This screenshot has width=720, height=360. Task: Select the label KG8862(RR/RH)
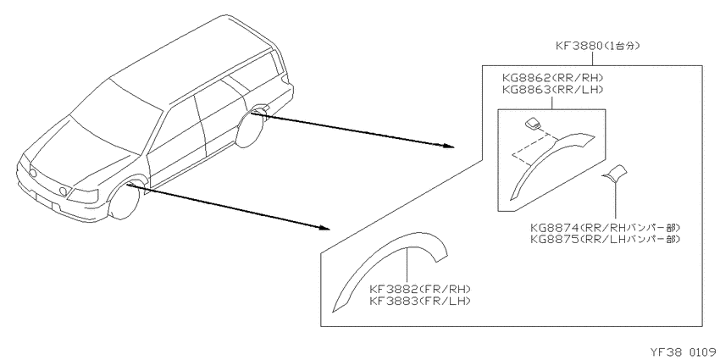[551, 78]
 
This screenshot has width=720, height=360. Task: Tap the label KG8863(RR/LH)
[551, 90]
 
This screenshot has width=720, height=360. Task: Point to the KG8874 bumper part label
[605, 227]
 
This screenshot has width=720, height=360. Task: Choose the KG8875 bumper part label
[605, 239]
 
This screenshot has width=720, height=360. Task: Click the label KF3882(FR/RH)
[421, 290]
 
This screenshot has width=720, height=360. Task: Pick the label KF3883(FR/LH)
[421, 302]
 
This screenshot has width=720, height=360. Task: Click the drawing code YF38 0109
[684, 352]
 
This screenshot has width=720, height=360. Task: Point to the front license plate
[45, 202]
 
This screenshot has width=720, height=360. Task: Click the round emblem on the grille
[33, 174]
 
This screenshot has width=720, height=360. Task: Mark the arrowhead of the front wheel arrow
[324, 227]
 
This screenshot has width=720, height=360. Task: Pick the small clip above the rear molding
[533, 124]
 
